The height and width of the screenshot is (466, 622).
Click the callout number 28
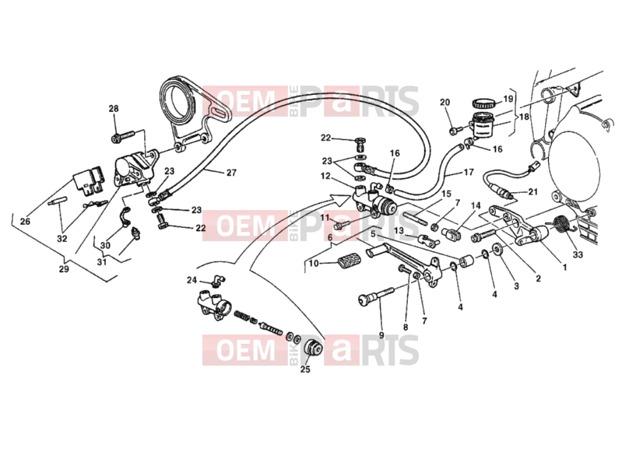coord(114,109)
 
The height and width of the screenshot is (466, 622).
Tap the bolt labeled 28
coord(123,137)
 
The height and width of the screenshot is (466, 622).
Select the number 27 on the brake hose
coord(231,173)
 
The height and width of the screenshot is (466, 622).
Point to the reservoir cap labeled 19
coord(483,103)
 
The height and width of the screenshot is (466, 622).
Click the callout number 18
coord(524,117)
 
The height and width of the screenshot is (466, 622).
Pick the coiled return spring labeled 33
coord(561,225)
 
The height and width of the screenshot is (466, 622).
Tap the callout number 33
coord(578,254)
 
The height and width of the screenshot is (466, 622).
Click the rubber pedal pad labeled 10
coord(349,261)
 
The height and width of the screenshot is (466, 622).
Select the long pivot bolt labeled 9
coord(376,296)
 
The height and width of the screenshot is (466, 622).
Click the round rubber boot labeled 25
coord(313,348)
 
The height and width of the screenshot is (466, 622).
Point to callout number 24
coord(192,280)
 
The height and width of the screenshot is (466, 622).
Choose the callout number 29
coord(64,268)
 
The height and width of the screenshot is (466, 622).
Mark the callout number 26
coord(25,221)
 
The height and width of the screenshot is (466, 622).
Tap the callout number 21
coord(532,192)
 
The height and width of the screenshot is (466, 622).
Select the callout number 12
coord(325,176)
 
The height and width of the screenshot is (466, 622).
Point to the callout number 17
coord(469,173)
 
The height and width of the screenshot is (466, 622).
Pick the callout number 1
coord(564,268)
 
